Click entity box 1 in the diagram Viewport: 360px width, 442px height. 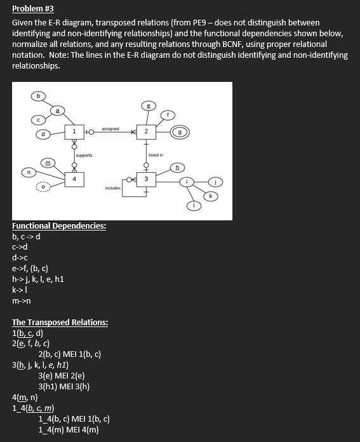point(75,131)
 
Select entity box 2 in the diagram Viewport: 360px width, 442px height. point(146,131)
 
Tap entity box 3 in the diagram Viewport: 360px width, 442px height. point(146,180)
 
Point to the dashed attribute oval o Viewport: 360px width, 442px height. point(43,187)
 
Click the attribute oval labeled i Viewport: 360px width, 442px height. point(187,182)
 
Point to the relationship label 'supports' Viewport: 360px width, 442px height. point(84,155)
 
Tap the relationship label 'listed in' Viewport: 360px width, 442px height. point(156,155)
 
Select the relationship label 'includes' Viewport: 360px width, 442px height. point(113,189)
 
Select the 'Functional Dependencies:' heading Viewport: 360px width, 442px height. point(59,226)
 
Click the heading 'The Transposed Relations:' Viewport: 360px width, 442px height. point(60,322)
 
